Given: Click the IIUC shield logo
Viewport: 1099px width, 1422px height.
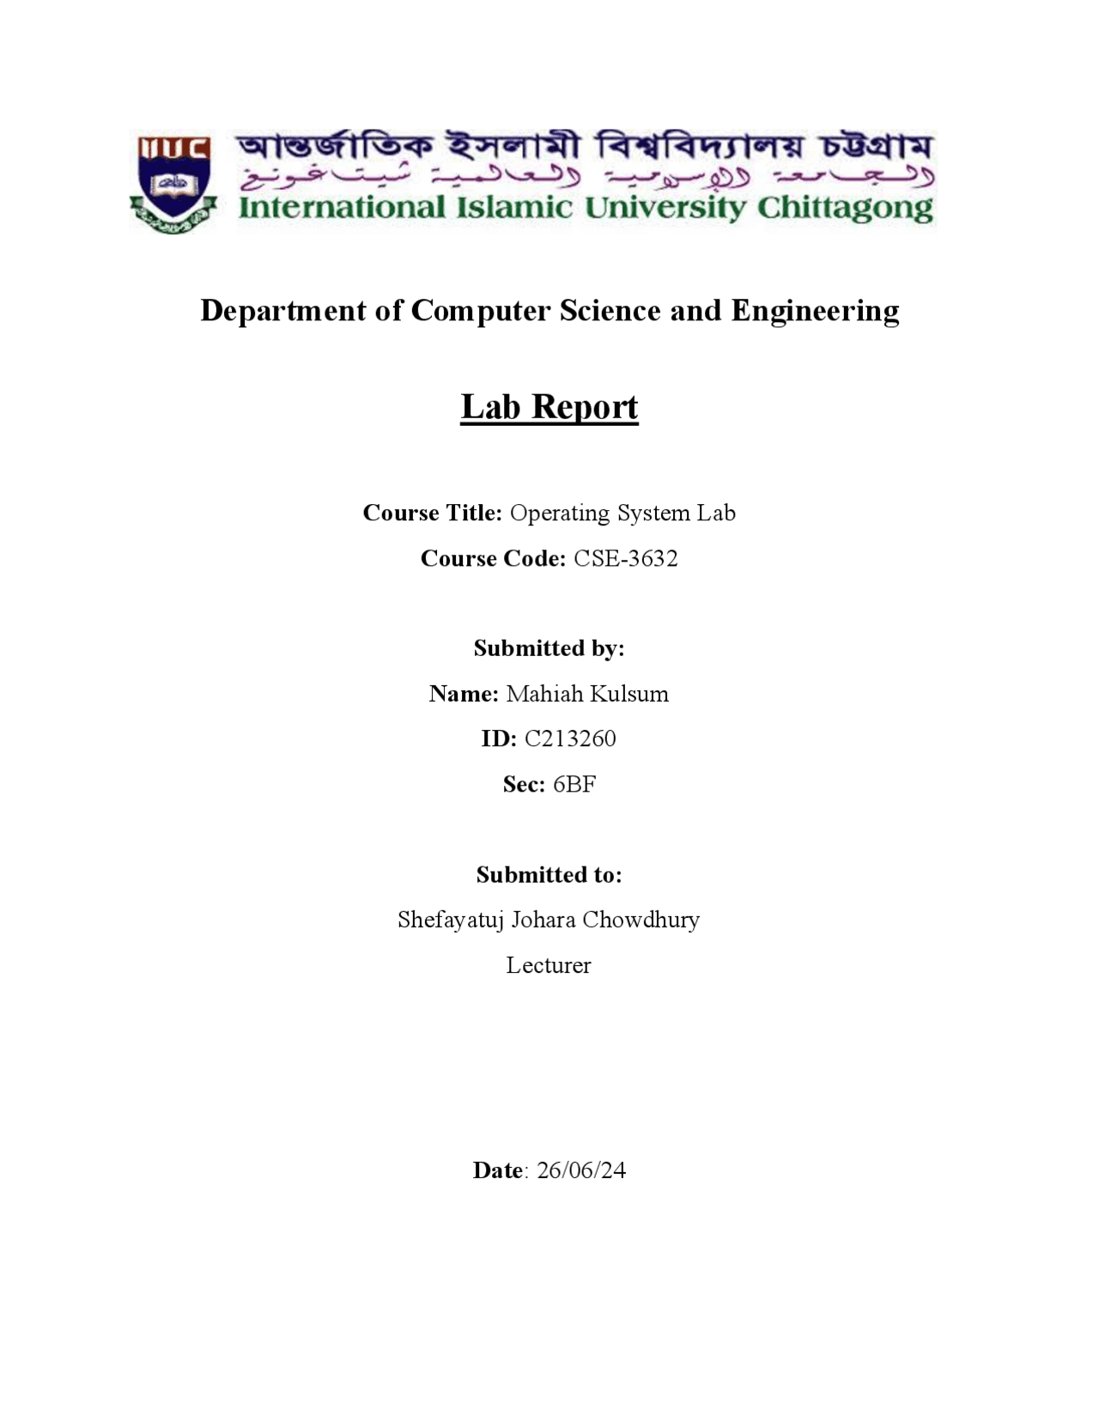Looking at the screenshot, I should (x=173, y=183).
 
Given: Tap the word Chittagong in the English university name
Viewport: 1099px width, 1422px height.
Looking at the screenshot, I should (x=845, y=208).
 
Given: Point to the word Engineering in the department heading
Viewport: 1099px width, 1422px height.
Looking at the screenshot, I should (x=815, y=311).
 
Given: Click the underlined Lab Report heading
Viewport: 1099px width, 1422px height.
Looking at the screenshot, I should (x=549, y=407).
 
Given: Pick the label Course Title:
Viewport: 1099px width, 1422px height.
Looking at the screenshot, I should (x=432, y=513).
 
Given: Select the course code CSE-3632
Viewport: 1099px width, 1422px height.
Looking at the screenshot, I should (x=626, y=558).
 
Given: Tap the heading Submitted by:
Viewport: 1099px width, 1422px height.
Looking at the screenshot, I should (x=549, y=648).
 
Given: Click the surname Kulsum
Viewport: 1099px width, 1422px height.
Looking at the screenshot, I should (x=628, y=694).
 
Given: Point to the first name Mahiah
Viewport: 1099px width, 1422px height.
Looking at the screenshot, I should (x=544, y=694).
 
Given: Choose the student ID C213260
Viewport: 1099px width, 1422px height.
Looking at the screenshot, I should (x=570, y=738).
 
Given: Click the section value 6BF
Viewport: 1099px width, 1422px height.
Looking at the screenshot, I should (x=574, y=784).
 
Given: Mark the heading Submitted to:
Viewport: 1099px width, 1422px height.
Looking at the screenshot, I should (x=549, y=875).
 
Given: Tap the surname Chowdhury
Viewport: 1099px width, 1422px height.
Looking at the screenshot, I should (x=641, y=920).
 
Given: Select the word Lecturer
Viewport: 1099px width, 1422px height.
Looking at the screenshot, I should (x=549, y=965).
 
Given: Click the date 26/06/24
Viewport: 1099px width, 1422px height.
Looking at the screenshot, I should (x=581, y=1170).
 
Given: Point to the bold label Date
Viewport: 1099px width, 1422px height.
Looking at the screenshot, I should (x=498, y=1170).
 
